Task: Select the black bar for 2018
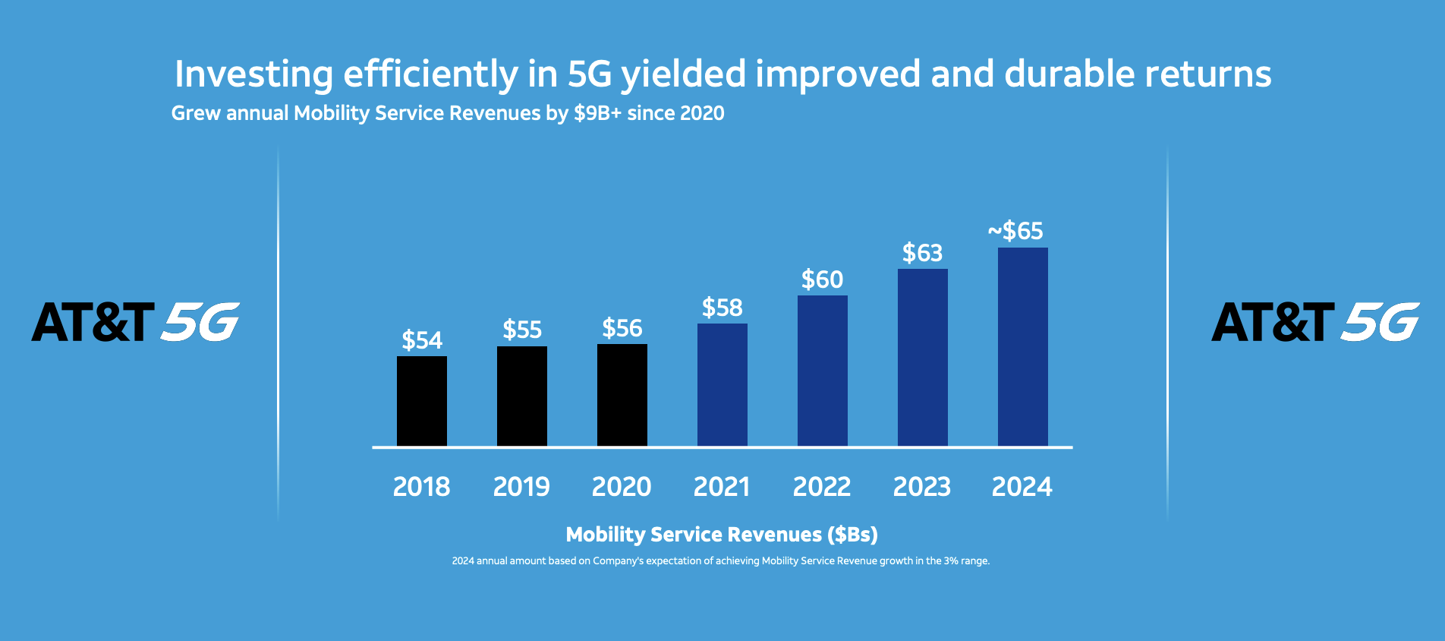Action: tap(422, 401)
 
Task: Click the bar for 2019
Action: tap(522, 396)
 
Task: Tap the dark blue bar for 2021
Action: tap(722, 384)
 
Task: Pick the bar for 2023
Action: tap(923, 357)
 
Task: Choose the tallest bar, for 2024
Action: tap(1023, 346)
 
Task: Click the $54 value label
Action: tap(422, 340)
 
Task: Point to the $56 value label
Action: tap(622, 328)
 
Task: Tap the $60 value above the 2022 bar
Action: tap(823, 279)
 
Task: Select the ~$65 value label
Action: tap(1015, 231)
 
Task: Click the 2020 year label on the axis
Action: tap(622, 487)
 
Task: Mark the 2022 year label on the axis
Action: tap(822, 487)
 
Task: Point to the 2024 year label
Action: tap(1022, 487)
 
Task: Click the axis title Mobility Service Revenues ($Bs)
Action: tap(722, 535)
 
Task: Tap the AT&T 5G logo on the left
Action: tap(136, 321)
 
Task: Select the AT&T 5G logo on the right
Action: tap(1315, 321)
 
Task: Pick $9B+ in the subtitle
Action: tap(598, 113)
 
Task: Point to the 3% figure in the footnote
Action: tap(952, 561)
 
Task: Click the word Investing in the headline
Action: tap(253, 74)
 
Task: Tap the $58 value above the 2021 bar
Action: tap(722, 308)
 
